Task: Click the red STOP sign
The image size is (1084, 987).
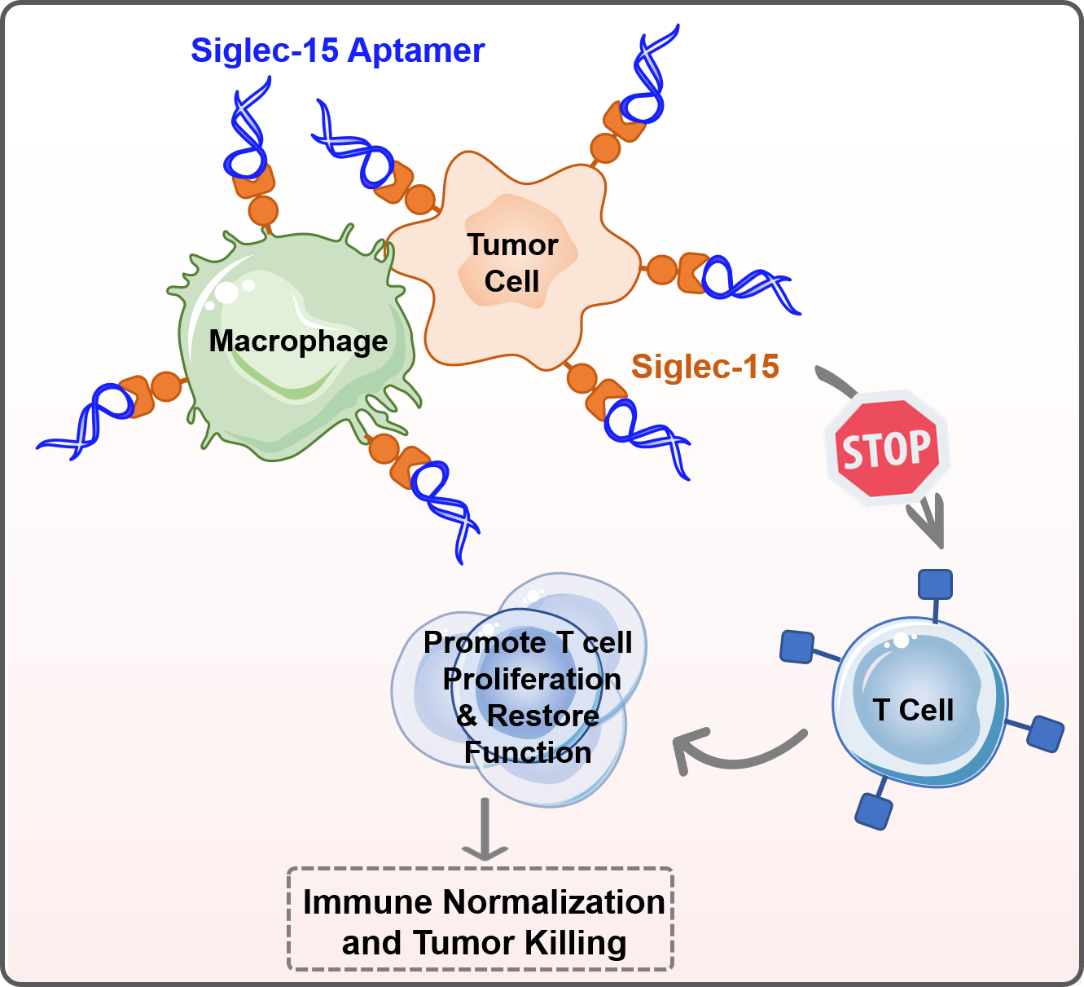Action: point(887,449)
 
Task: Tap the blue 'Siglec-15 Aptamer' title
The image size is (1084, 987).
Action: point(337,51)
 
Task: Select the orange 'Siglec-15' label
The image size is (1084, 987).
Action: point(705,367)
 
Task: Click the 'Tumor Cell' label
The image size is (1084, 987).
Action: point(512,262)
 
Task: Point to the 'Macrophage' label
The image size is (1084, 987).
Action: point(298,341)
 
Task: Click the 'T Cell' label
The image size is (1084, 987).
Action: point(913,710)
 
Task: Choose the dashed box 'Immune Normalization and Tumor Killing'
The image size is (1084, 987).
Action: point(481,919)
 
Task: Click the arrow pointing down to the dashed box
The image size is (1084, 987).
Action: point(485,830)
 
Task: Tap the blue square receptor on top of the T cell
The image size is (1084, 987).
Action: point(935,584)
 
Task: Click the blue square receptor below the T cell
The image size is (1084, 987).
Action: point(874,812)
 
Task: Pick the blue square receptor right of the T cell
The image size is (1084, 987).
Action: point(1046,733)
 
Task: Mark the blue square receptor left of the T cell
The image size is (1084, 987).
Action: point(797,646)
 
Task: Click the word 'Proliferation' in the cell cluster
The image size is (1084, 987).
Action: point(532,679)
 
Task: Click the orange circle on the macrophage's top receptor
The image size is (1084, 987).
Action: point(263,210)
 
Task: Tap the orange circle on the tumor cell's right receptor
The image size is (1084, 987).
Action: point(661,270)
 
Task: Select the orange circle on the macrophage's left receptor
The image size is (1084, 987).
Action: point(166,386)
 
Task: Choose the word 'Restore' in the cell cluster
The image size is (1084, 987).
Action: point(542,716)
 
